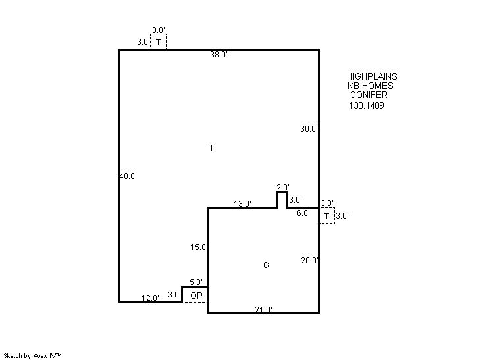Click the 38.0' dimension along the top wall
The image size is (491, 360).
[x=219, y=55]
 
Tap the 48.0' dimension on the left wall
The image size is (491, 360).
[x=128, y=176]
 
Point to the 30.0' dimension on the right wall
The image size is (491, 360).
[x=309, y=128]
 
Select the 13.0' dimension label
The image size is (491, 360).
[x=242, y=204]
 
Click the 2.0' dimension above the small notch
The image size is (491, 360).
[x=283, y=187]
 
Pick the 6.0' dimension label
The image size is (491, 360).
[x=303, y=213]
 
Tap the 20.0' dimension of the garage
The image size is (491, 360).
[x=310, y=261]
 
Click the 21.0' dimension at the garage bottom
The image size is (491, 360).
[x=263, y=309]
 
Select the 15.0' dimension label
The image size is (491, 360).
[x=199, y=247]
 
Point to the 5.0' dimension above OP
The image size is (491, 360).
[x=196, y=282]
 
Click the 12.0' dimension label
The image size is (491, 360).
[x=150, y=297]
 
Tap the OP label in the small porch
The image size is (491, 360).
[x=196, y=296]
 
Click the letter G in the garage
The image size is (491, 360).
[x=266, y=265]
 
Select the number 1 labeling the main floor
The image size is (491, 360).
[x=211, y=148]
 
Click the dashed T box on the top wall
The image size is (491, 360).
[x=158, y=42]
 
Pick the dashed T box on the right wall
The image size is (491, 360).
[x=327, y=216]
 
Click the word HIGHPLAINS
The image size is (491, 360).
[x=372, y=76]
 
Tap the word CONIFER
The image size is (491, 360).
[x=369, y=95]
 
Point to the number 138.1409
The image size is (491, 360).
[x=367, y=105]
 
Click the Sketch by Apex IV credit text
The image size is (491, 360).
[x=32, y=356]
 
